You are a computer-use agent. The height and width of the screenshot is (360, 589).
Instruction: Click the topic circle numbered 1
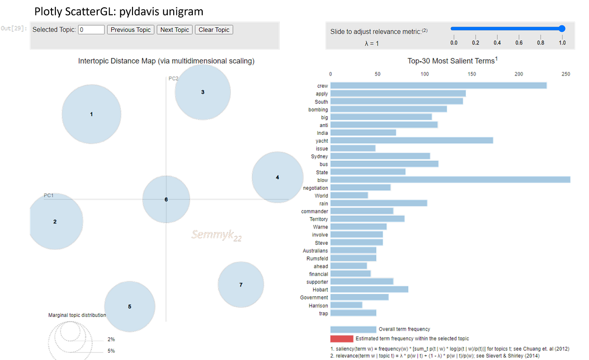92,114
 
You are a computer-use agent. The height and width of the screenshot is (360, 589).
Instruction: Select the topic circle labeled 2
55,222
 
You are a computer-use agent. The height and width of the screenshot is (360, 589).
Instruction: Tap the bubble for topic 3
203,92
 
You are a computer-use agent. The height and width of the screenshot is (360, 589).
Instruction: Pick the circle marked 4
277,177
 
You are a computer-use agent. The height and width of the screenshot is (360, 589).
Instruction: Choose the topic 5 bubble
130,307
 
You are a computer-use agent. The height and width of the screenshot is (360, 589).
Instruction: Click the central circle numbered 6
166,200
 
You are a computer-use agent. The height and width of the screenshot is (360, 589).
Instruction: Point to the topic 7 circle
241,284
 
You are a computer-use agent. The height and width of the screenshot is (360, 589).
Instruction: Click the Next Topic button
175,30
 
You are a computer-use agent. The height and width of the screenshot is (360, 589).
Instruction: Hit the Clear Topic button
214,30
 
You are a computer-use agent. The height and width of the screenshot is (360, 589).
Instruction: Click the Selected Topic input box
91,30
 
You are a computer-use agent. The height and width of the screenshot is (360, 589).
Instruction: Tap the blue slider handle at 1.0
562,29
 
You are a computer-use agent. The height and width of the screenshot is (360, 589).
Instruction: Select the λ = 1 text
372,44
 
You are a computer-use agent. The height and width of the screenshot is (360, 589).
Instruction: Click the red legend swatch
341,339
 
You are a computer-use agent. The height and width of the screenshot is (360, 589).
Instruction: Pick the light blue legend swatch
352,329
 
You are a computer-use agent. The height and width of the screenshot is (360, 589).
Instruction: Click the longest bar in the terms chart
451,180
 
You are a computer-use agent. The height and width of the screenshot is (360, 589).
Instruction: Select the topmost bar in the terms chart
439,86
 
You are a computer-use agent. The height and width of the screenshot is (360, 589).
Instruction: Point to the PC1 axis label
48,195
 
